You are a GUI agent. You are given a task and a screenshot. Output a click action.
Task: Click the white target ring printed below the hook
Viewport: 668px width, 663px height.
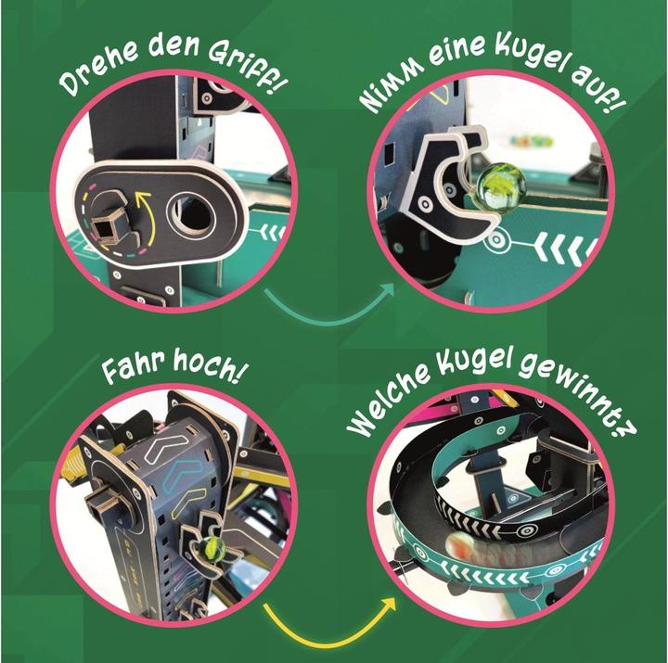496,239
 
